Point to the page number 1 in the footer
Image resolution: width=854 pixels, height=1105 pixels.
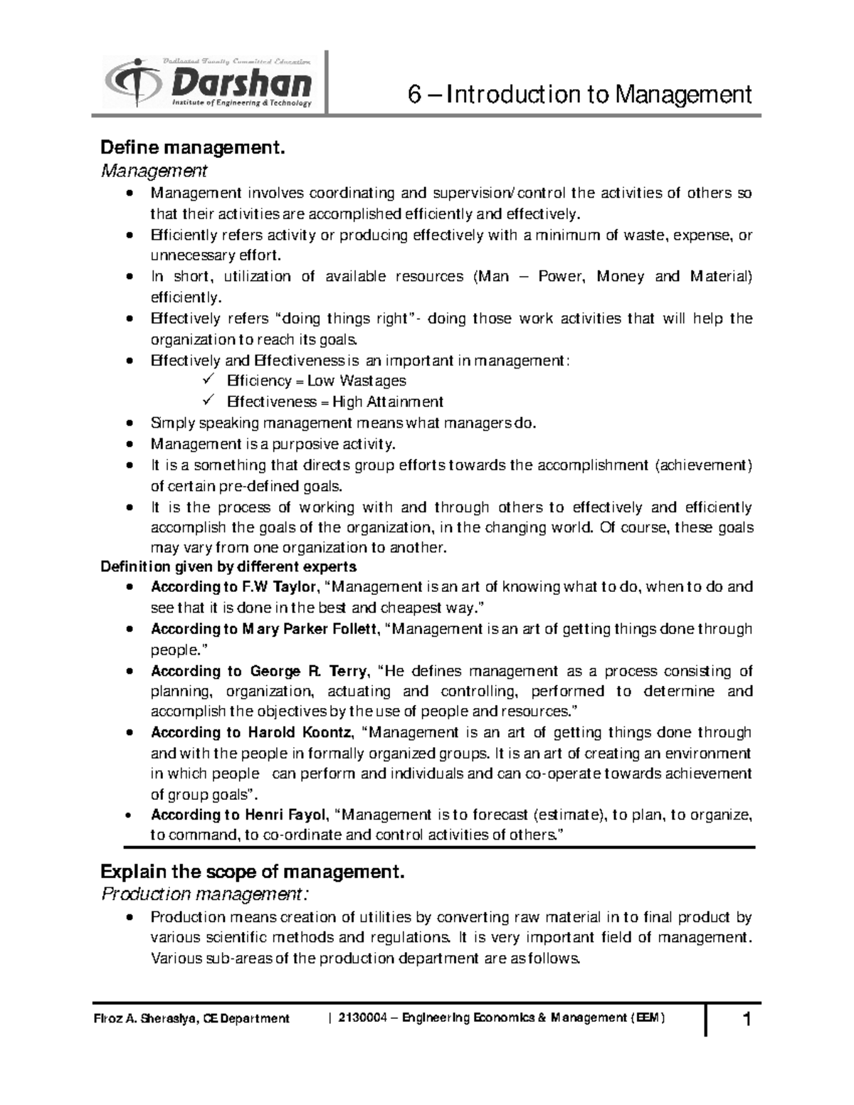coord(747,1020)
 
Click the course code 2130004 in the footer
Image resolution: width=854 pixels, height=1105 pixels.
coord(362,1018)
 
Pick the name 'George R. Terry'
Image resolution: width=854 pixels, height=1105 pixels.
coord(308,671)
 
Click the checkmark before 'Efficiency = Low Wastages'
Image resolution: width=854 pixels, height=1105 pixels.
coord(209,381)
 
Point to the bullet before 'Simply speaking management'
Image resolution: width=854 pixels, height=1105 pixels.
coord(128,424)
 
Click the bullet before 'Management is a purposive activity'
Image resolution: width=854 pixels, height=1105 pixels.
coord(128,445)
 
